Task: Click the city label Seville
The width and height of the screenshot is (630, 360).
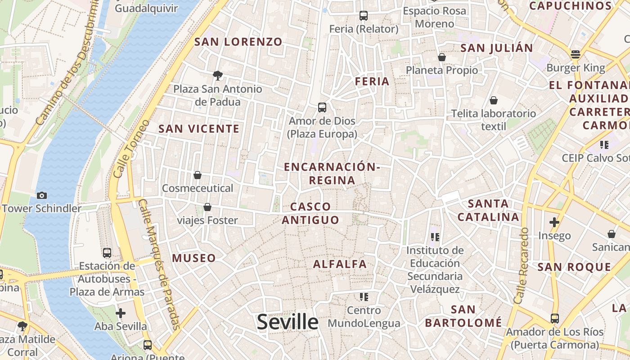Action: [288, 322]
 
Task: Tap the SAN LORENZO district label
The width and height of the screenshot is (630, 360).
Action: [238, 42]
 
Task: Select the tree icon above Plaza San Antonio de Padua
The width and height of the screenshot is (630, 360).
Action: [218, 75]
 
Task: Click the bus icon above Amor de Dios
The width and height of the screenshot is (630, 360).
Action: [322, 108]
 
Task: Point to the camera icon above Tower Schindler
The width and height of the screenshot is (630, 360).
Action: [42, 195]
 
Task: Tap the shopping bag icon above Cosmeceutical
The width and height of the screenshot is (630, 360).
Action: [197, 175]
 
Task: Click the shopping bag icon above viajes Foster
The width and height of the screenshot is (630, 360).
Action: [207, 207]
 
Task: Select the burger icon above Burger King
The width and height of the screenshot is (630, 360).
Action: [575, 55]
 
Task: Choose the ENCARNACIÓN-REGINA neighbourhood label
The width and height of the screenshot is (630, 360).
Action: [332, 174]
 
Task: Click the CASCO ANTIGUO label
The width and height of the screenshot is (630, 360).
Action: [310, 213]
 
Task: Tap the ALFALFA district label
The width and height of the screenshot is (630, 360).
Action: [340, 264]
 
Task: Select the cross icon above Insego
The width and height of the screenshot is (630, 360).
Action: [554, 222]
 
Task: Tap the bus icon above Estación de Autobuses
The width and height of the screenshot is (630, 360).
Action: [107, 253]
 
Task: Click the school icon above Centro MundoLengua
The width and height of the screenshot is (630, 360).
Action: [364, 297]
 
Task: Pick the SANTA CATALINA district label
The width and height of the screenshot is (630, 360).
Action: [488, 211]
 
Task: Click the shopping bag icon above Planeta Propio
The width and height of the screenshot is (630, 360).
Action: [441, 57]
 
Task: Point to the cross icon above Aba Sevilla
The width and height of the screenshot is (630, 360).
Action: [120, 313]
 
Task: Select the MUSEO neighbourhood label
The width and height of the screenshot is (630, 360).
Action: [194, 258]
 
